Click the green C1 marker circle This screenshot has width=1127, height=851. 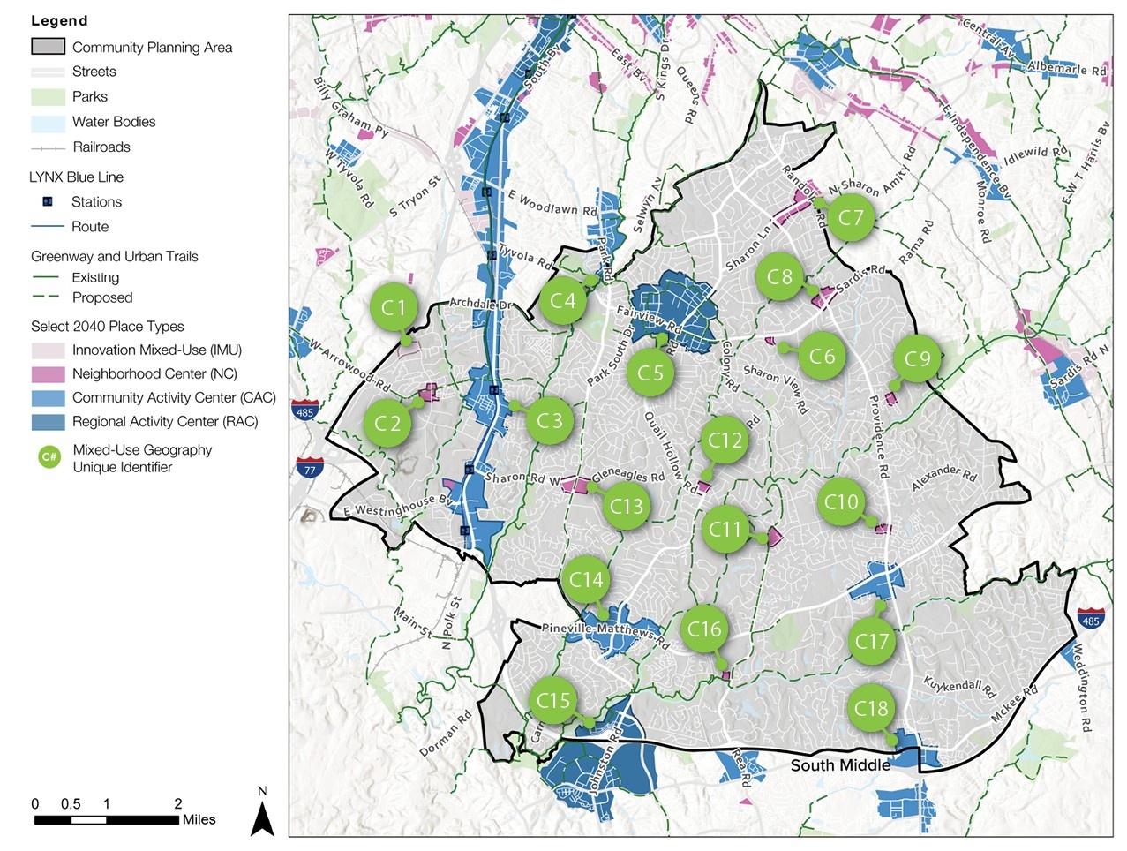394,307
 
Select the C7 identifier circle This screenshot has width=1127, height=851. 851,218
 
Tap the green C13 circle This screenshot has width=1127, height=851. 627,506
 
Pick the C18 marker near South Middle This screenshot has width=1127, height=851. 871,708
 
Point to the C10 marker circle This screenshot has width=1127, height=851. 841,502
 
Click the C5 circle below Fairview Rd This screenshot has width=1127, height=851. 650,373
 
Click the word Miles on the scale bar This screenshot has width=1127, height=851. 199,819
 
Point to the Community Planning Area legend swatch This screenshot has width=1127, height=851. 48,47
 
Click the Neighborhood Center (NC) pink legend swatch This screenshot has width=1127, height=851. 48,374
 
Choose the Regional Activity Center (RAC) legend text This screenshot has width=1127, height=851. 165,422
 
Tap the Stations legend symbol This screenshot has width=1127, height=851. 48,202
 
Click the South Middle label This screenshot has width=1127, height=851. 839,765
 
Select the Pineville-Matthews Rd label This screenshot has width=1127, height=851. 605,632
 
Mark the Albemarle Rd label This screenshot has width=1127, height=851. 1066,68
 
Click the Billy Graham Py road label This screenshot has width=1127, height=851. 350,108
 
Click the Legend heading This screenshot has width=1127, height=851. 59,20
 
